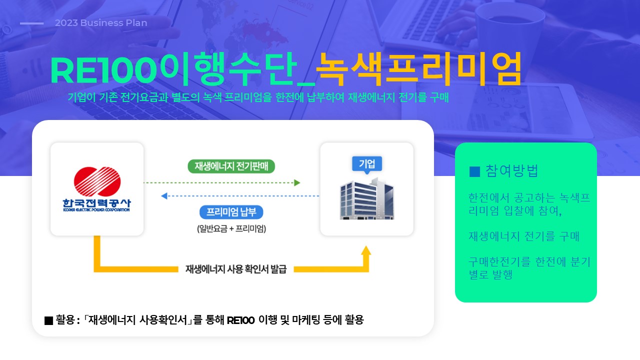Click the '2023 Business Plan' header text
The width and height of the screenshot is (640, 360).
pyautogui.click(x=101, y=23)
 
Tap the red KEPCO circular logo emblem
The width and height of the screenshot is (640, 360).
pyautogui.click(x=97, y=181)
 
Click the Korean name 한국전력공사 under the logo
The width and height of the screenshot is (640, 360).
pyautogui.click(x=96, y=203)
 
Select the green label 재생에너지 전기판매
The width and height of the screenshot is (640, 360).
pyautogui.click(x=231, y=166)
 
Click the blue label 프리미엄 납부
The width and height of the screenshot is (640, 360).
pyautogui.click(x=231, y=212)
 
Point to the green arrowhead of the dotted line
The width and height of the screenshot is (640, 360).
pyautogui.click(x=297, y=182)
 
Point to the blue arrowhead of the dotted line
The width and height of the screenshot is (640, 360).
pyautogui.click(x=164, y=196)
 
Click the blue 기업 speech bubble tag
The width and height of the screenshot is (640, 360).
pyautogui.click(x=367, y=164)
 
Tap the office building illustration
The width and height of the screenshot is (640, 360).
pyautogui.click(x=367, y=198)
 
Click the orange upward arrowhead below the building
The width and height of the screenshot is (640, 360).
pyautogui.click(x=366, y=250)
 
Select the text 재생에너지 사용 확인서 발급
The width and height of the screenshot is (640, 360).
pyautogui.click(x=235, y=269)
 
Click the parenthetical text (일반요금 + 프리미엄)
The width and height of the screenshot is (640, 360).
pyautogui.click(x=231, y=228)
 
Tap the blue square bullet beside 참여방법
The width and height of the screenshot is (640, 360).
pyautogui.click(x=474, y=171)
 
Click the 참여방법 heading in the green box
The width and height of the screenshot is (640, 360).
pyautogui.click(x=511, y=171)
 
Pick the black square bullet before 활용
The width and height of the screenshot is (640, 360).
pyautogui.click(x=49, y=320)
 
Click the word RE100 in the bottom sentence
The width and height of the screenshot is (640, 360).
pyautogui.click(x=240, y=320)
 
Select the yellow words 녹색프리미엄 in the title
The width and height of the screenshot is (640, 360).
pyautogui.click(x=419, y=69)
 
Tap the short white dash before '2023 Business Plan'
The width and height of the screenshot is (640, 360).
pyautogui.click(x=31, y=23)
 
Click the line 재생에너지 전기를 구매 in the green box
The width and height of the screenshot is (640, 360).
pyautogui.click(x=524, y=236)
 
